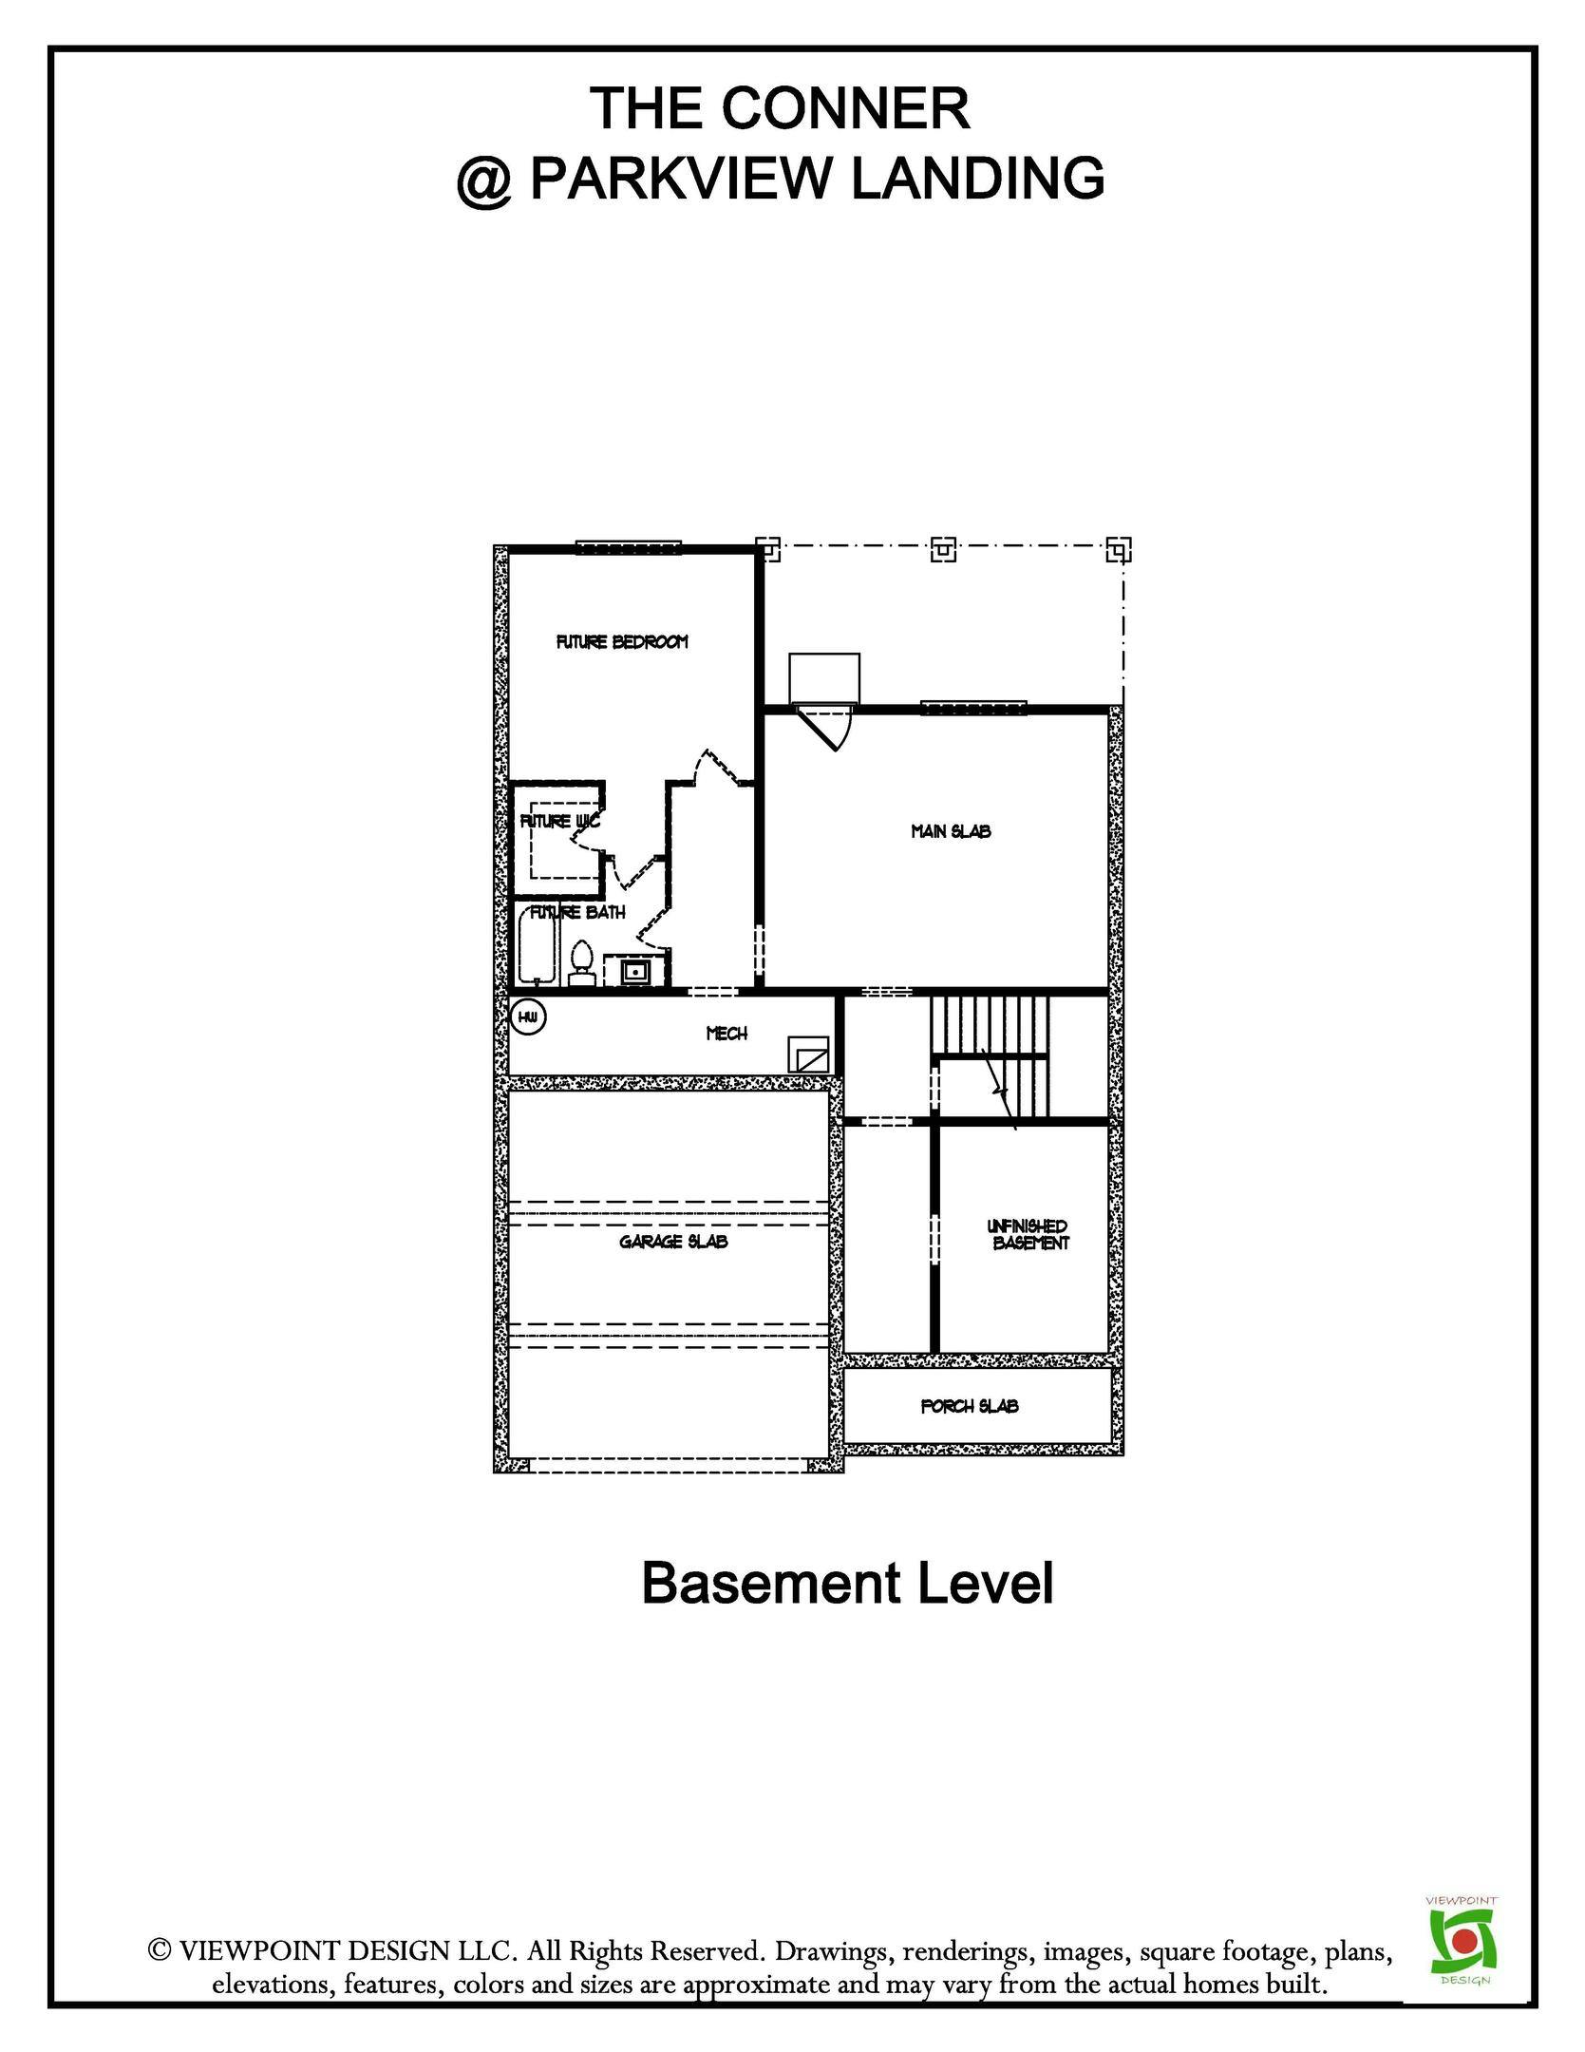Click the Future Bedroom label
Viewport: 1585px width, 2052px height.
[x=621, y=642]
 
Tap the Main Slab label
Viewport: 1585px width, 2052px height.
[x=951, y=831]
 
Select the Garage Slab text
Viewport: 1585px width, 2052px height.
[x=673, y=1241]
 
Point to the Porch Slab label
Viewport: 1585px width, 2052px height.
[x=969, y=1406]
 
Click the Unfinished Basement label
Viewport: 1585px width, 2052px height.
[x=1028, y=1234]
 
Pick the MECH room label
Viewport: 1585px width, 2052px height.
[x=726, y=1034]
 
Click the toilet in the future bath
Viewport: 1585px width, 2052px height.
[x=581, y=960]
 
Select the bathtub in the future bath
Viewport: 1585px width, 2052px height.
[x=537, y=944]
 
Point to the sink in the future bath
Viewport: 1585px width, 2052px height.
[x=632, y=971]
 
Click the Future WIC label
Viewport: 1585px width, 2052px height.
[x=559, y=822]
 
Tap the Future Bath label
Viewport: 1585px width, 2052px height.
[x=577, y=913]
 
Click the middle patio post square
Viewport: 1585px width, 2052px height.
[x=942, y=549]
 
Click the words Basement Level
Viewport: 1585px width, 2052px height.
[x=847, y=1583]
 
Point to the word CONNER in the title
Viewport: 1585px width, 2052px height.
[x=845, y=108]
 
